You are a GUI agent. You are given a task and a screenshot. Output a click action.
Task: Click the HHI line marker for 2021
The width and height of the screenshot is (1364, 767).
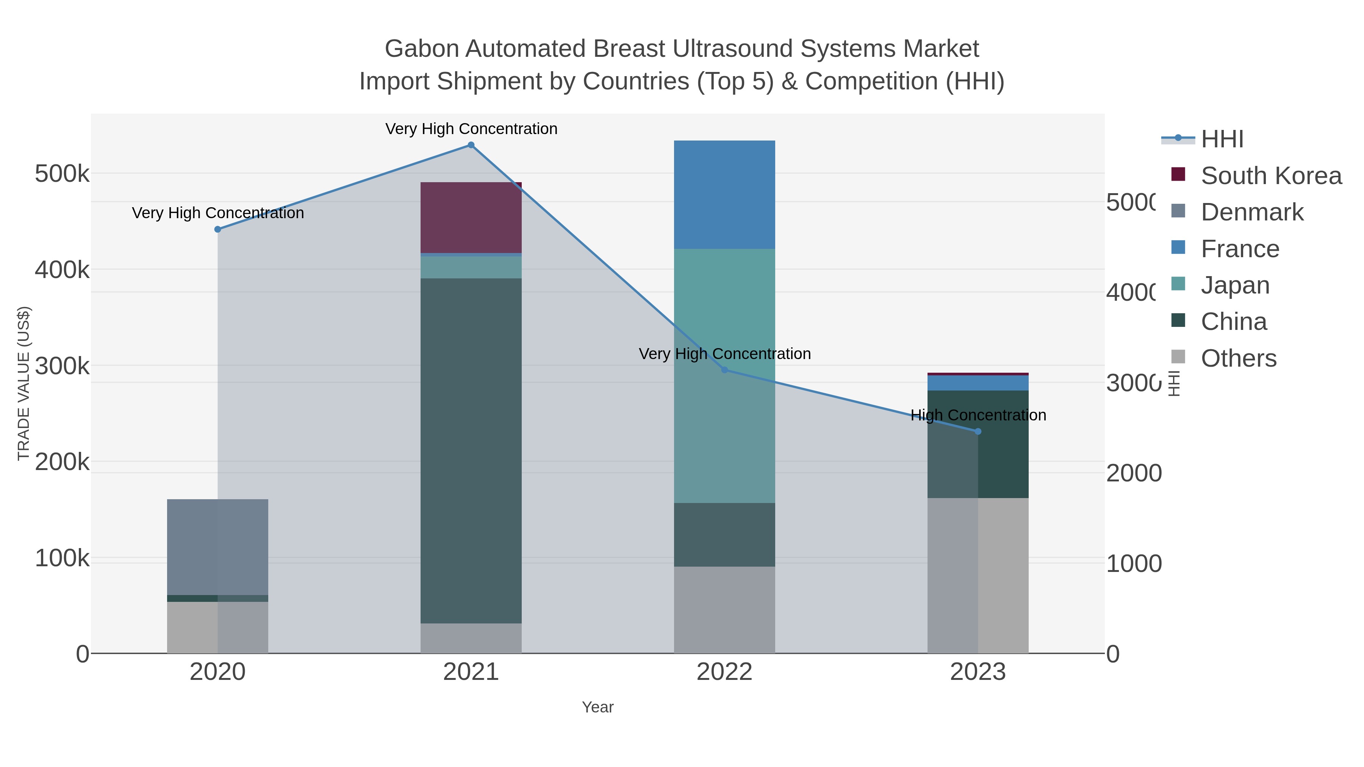[x=471, y=145]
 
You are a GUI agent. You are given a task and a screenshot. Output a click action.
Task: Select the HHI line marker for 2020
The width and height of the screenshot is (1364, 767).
[x=217, y=229]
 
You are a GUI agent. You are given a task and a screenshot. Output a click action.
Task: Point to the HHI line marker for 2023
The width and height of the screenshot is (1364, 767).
[x=978, y=431]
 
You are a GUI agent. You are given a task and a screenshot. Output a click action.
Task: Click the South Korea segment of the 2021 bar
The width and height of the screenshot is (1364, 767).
[x=471, y=217]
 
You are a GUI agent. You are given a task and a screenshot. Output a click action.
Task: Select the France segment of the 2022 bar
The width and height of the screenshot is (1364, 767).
[x=724, y=194]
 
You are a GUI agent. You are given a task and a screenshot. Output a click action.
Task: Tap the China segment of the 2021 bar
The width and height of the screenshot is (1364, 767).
[x=471, y=450]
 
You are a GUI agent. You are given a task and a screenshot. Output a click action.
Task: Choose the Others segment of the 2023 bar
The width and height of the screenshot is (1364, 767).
[x=978, y=575]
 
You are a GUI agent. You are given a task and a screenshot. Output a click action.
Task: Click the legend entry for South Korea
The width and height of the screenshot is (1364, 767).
[x=1271, y=176]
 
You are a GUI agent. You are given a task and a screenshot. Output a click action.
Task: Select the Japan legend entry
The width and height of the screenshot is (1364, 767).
[x=1235, y=285]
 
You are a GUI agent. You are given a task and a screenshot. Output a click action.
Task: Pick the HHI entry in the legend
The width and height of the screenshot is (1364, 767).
[x=1222, y=139]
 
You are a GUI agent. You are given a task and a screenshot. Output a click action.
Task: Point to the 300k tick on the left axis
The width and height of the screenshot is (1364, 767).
[x=62, y=366]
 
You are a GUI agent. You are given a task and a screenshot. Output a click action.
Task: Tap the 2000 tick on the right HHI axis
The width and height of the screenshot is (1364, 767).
[x=1134, y=473]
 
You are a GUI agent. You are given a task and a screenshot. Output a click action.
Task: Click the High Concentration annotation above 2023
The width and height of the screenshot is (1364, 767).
[x=978, y=415]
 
